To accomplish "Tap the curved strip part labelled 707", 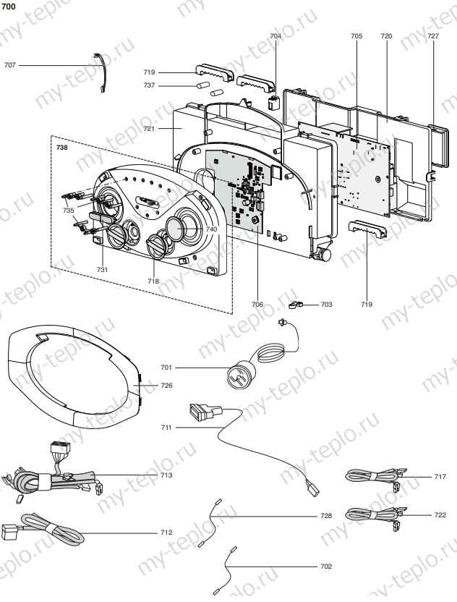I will click(103, 73).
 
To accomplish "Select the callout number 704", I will click(276, 35).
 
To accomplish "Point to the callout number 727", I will click(432, 35).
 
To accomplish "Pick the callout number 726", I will click(166, 386).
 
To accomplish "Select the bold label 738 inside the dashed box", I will click(63, 147).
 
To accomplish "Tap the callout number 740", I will click(211, 229).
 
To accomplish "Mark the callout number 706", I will click(257, 305).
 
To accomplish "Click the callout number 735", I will click(68, 211).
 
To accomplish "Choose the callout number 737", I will click(149, 85).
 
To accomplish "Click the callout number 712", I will click(166, 533).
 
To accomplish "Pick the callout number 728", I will click(326, 516).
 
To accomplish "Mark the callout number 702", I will click(326, 566).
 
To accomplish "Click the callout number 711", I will click(166, 428).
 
